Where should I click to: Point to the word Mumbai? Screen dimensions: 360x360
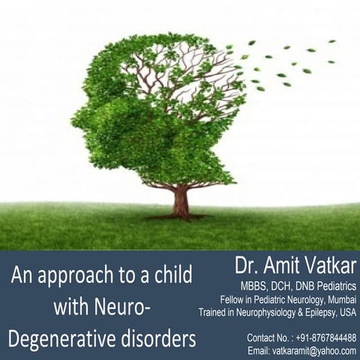[338, 299]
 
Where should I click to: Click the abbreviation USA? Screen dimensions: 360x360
[346, 312]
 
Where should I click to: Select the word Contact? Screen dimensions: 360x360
[262, 337]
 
